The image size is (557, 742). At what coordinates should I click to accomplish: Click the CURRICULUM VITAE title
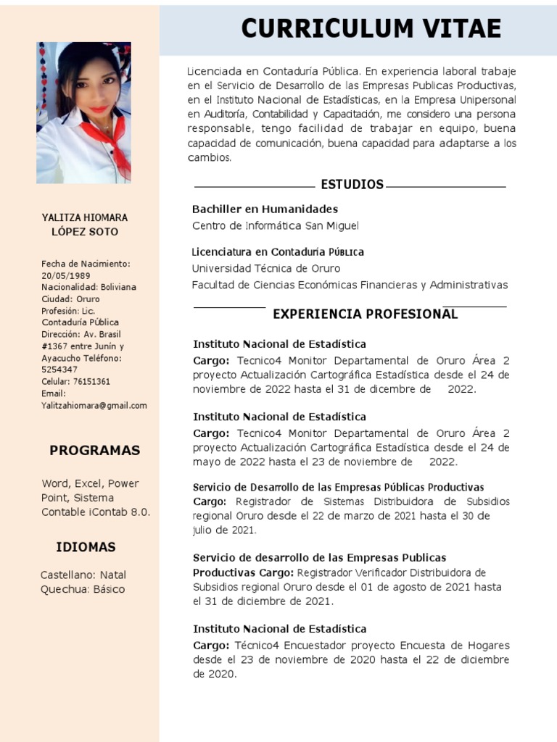(371, 28)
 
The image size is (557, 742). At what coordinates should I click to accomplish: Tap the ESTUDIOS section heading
(352, 185)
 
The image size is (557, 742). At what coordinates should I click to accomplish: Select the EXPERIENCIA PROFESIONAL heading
(365, 314)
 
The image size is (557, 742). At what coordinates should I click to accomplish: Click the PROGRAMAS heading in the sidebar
(94, 451)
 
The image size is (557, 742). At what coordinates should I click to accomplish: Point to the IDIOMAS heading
(86, 547)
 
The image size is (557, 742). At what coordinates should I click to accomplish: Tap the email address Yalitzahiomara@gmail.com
(94, 406)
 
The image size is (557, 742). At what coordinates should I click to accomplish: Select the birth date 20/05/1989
(66, 276)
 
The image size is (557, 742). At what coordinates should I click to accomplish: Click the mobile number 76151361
(91, 382)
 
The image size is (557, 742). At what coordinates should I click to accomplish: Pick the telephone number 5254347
(59, 370)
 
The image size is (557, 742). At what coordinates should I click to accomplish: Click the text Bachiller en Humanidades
(265, 209)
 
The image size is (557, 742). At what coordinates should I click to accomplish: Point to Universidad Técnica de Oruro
(265, 269)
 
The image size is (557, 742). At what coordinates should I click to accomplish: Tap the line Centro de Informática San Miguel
(275, 226)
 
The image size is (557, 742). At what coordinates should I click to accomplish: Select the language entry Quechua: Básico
(83, 589)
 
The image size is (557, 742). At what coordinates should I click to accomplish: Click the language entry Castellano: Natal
(83, 575)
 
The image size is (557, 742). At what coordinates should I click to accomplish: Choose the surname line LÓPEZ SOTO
(85, 232)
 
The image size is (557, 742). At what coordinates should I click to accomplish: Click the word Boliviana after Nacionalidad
(118, 288)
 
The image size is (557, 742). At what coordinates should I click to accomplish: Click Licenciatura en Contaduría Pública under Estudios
(278, 252)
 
